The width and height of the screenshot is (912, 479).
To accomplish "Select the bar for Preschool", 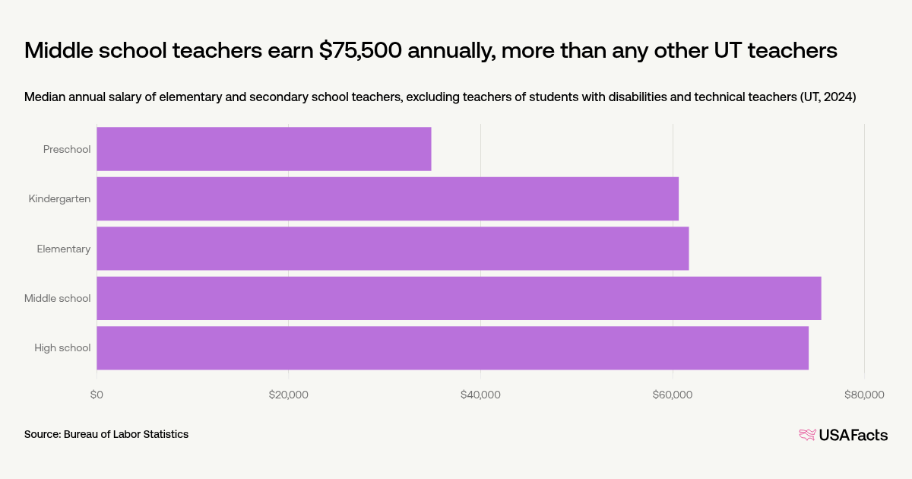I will (264, 149).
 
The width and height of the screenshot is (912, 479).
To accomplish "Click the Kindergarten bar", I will (388, 198).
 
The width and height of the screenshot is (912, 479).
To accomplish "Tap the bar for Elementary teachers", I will (392, 249).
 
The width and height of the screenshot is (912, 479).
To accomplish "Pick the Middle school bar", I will (458, 298).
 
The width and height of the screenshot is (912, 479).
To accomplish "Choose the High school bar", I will (452, 348).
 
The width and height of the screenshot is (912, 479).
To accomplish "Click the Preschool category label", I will (67, 149).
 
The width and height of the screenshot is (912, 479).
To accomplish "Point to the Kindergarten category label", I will (59, 199).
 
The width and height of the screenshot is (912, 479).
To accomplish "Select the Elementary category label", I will (64, 249).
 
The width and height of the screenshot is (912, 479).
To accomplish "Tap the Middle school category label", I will (57, 298).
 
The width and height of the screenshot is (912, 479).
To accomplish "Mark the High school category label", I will (62, 348).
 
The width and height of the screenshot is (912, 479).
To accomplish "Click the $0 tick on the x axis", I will (97, 395).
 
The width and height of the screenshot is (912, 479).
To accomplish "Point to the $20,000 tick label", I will (289, 395).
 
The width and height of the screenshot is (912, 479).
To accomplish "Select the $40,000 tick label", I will (480, 395).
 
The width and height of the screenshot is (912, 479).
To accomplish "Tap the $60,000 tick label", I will (673, 395).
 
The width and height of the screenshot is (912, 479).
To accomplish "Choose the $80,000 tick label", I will (864, 395).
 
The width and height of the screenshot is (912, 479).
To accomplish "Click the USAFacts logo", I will (843, 435).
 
